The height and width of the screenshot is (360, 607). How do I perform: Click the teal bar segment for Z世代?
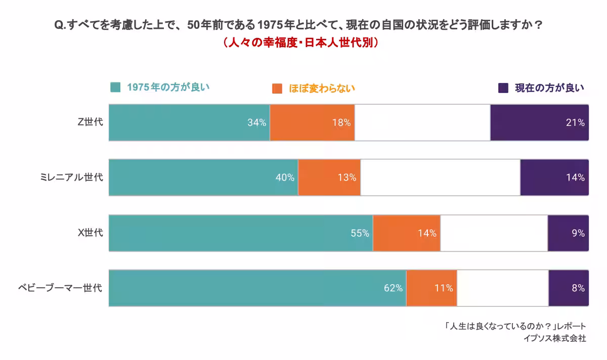point(189,123)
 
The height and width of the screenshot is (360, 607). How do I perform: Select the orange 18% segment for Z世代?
point(312,123)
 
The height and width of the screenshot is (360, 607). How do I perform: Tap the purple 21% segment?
point(539,123)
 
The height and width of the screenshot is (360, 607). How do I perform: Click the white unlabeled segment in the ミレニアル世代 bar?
point(440,177)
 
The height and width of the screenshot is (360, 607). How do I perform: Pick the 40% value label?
point(285,177)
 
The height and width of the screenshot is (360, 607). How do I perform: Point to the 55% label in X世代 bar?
point(360,233)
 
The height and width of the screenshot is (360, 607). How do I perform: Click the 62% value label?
point(393,288)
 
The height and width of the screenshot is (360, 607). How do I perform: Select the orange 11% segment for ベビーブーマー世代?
point(431,288)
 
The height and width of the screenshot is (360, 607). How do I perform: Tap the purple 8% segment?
point(569,288)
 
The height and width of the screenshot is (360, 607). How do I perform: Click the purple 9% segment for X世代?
point(568,233)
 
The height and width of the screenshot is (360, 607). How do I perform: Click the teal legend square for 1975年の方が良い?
point(115,87)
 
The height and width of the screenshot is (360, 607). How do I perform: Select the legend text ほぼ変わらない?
point(322,88)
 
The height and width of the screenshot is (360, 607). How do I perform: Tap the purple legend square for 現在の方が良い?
point(503,88)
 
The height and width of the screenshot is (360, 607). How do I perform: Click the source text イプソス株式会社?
point(555,338)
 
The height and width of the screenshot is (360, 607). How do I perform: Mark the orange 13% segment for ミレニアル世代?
point(329,177)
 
